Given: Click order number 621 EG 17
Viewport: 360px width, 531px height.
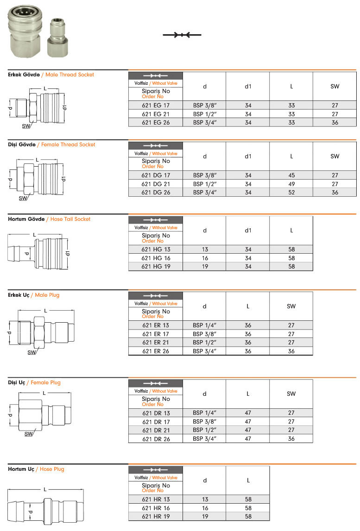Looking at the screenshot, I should (x=156, y=106).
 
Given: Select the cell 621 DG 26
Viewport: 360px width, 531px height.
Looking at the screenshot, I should (x=156, y=193).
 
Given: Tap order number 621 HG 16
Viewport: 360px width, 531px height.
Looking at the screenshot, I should (x=156, y=258).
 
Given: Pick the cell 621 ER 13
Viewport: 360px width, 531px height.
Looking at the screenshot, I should (x=156, y=325).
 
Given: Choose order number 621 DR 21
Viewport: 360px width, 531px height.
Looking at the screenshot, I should (x=156, y=430).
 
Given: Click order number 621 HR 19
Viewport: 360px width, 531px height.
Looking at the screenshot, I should (x=156, y=516).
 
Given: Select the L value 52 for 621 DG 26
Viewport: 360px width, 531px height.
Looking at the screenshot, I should (x=291, y=193).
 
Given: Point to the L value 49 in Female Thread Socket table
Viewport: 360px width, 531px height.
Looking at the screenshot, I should (x=291, y=184).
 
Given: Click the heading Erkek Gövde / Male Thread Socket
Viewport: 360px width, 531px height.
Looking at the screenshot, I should (x=51, y=75).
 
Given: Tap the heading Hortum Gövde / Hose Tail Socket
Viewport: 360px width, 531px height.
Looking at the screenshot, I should (x=49, y=219).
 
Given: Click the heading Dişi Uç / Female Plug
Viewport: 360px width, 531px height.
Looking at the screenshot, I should (x=34, y=382).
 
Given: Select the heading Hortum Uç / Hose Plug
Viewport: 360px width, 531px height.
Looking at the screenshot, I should (x=36, y=469).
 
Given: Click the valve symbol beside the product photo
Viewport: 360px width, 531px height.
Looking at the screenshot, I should (x=182, y=35).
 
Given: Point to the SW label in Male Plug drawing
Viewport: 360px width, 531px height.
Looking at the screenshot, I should (x=32, y=352).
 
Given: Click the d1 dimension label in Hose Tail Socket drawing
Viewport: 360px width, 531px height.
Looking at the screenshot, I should (x=68, y=253).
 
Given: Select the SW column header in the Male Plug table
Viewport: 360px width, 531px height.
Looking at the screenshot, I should (x=291, y=306).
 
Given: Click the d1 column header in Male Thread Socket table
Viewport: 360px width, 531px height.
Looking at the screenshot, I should (x=248, y=86).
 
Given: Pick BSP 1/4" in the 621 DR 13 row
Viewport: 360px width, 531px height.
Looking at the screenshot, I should (x=204, y=413).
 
